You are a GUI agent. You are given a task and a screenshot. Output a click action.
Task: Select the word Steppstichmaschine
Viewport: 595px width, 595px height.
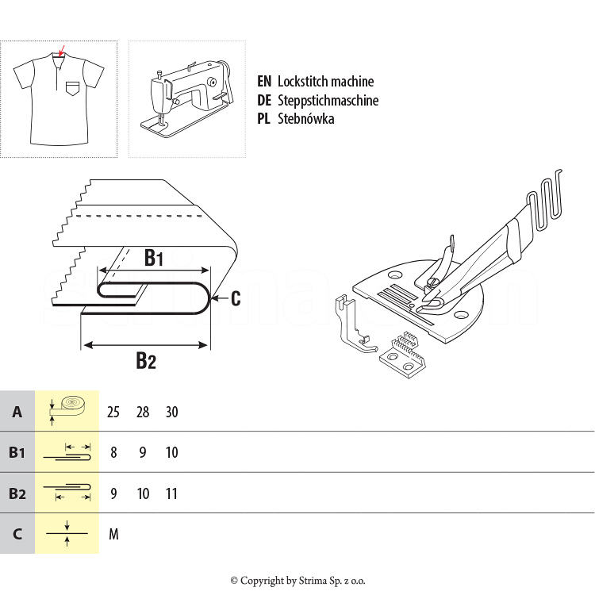[x=328, y=101]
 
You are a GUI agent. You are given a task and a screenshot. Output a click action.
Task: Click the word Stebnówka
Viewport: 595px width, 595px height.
[x=305, y=119]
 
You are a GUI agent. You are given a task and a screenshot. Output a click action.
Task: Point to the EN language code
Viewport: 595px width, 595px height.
[x=264, y=82]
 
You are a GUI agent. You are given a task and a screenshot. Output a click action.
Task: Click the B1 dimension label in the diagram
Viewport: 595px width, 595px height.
[x=153, y=258]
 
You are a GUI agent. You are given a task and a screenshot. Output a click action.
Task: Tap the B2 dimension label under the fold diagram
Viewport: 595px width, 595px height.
[x=145, y=361]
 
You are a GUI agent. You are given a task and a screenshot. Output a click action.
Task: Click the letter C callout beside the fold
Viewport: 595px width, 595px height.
[x=236, y=298]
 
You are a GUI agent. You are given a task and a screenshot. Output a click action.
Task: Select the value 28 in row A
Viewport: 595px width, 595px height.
[x=143, y=412]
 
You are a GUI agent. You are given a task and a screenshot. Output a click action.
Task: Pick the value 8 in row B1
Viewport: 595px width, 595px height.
[x=113, y=453]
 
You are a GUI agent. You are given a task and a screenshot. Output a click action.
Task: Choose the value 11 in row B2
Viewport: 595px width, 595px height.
[x=171, y=493]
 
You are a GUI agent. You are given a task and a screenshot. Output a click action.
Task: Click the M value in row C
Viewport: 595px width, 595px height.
[x=113, y=534]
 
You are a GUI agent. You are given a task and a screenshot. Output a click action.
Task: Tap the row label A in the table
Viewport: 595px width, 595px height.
[x=17, y=412]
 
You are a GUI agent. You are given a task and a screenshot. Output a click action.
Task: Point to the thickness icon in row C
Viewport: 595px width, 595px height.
[x=67, y=533]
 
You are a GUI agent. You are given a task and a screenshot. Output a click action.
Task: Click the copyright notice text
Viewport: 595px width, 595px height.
[x=297, y=581]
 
